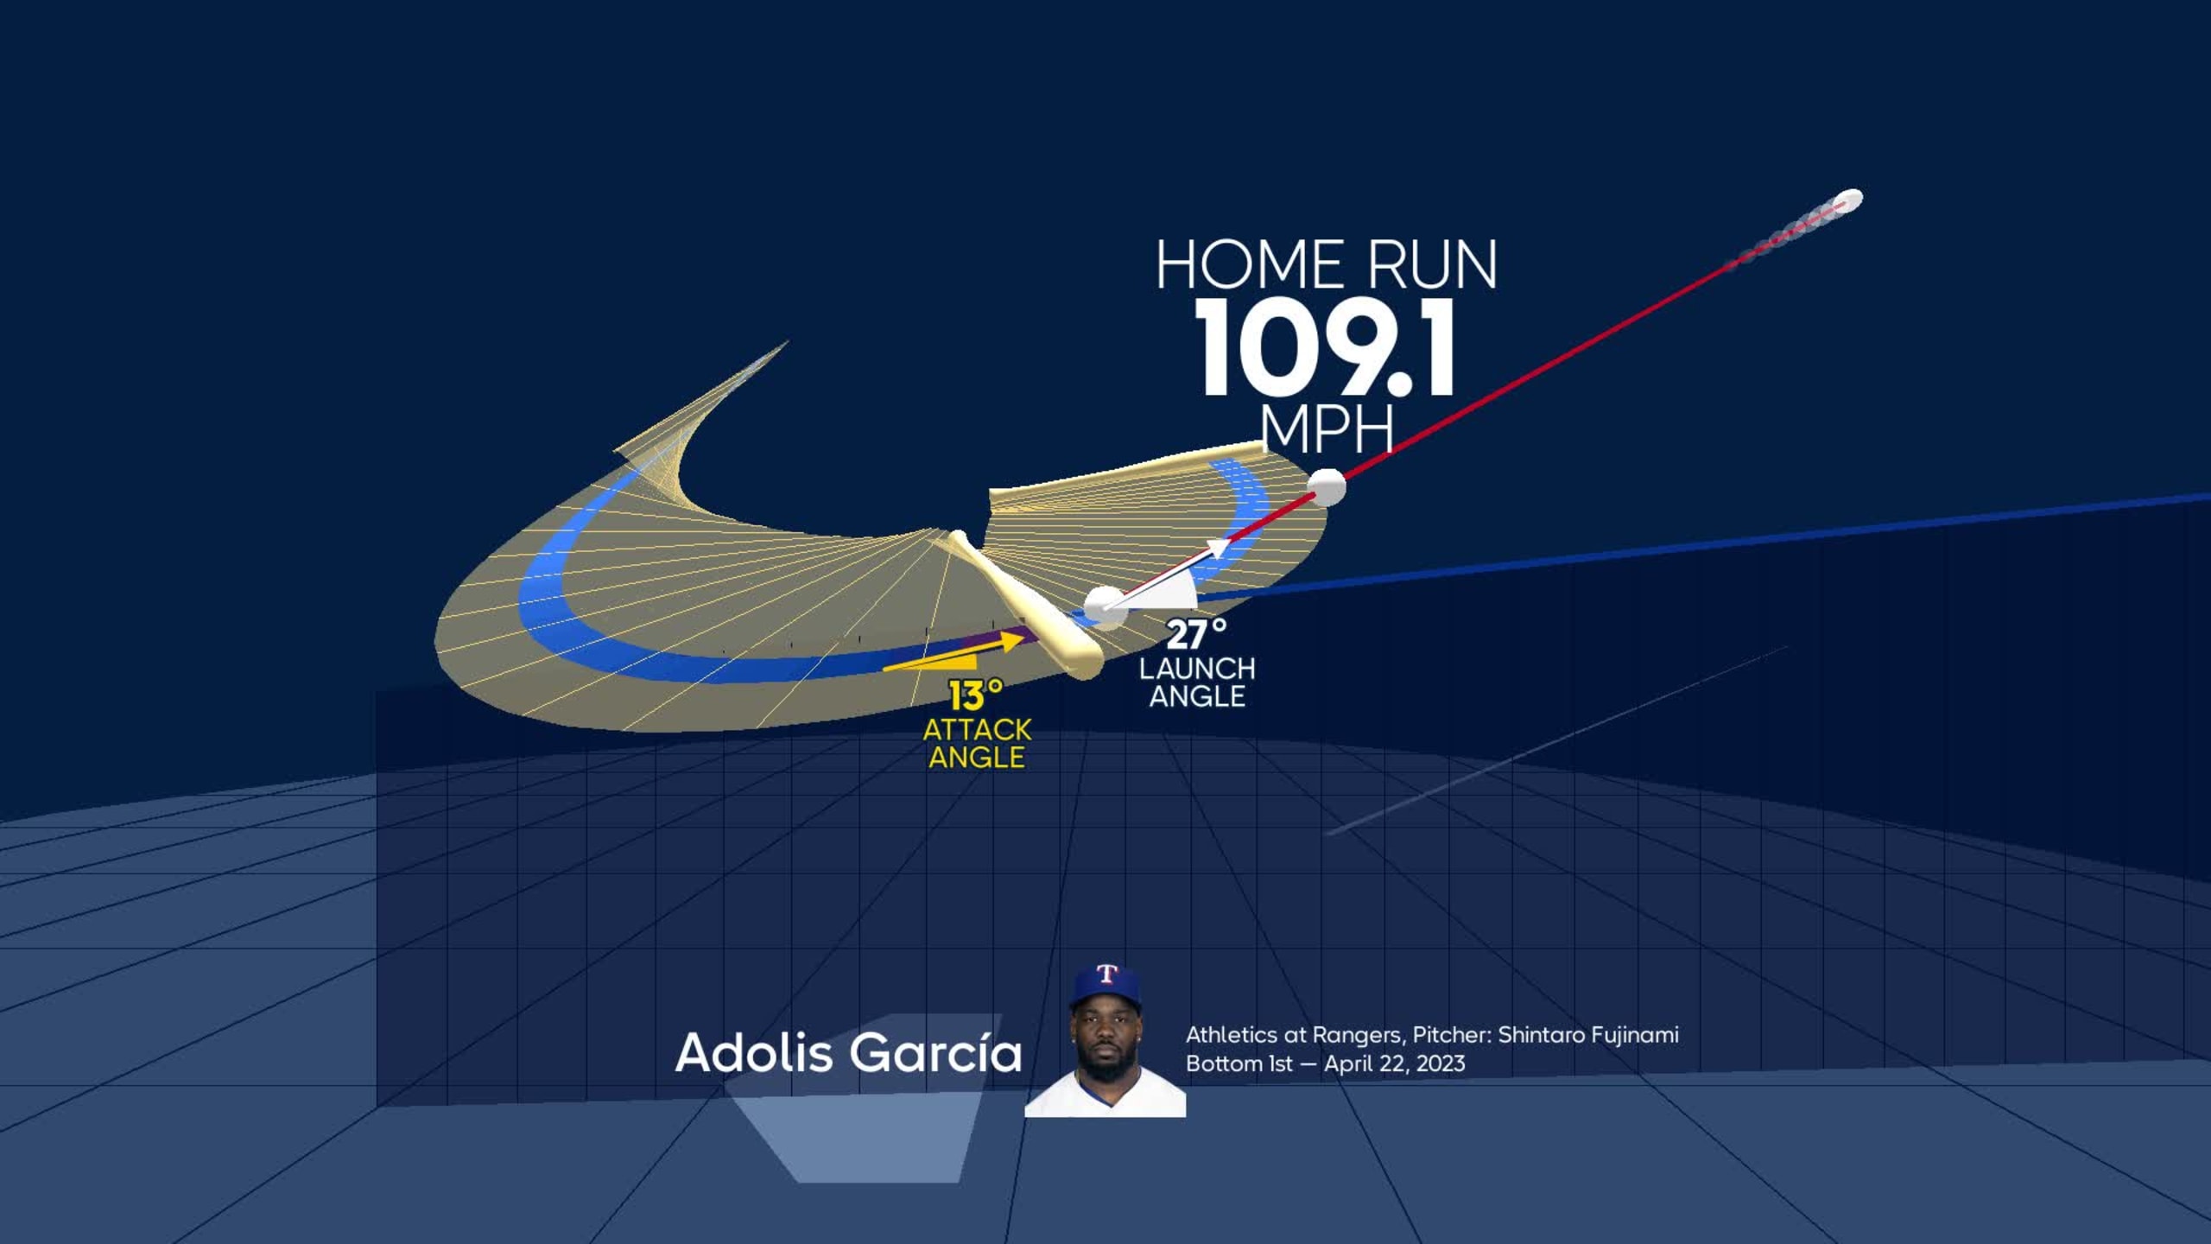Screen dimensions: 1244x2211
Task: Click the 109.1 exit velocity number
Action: coord(1326,350)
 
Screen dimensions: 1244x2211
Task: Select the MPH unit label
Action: coord(1327,428)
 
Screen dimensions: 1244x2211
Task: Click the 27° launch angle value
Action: coord(1196,636)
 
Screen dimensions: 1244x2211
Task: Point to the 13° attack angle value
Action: coord(976,695)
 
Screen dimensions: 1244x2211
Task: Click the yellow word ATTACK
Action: coord(977,730)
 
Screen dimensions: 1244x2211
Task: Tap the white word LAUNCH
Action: coord(1197,669)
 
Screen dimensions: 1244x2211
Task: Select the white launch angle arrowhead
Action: coord(1216,549)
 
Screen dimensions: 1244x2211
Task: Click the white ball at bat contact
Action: coord(1105,606)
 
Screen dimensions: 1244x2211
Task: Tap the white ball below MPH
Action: coord(1327,487)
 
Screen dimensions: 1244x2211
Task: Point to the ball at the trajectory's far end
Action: coord(1850,200)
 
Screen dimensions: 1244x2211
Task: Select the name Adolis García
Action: coord(848,1053)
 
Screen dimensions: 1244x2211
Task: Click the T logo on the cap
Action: coord(1106,974)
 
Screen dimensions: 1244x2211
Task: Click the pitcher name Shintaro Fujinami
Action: coord(1587,1035)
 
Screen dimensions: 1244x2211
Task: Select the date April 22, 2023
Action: coord(1394,1063)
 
